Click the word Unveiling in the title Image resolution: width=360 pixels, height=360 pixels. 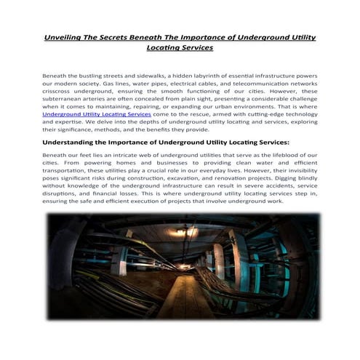pos(63,36)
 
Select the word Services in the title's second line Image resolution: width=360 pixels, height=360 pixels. pos(196,47)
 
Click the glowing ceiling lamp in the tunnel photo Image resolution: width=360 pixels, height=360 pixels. pos(179,249)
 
